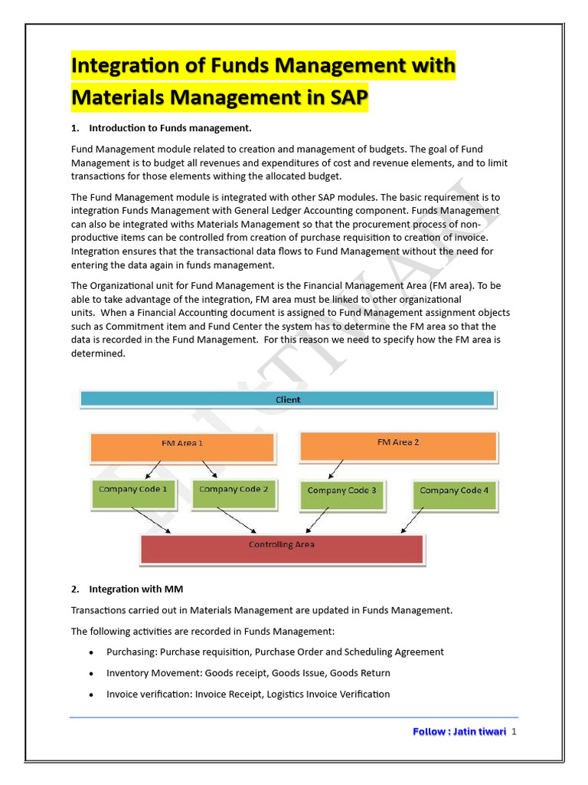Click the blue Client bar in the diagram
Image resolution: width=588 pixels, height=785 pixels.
click(288, 399)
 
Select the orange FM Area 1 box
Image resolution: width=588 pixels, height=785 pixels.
click(182, 447)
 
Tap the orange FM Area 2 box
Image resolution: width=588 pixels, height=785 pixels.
click(398, 446)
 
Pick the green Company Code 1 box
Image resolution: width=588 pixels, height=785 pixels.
click(133, 493)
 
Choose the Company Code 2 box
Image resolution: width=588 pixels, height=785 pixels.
click(234, 493)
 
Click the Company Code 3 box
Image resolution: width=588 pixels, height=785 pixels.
click(341, 494)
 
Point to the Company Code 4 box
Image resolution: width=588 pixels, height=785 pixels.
click(454, 494)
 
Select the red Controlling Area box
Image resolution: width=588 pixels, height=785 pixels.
click(282, 549)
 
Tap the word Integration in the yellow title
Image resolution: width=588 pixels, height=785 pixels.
click(124, 66)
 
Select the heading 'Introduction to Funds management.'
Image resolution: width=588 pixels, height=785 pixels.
click(170, 128)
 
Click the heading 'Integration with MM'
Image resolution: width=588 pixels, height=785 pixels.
click(136, 590)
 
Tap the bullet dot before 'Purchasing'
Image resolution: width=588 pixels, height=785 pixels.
click(91, 652)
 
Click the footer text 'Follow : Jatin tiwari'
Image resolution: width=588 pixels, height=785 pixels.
click(459, 732)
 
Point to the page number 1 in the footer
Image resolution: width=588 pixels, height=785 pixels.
click(514, 732)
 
